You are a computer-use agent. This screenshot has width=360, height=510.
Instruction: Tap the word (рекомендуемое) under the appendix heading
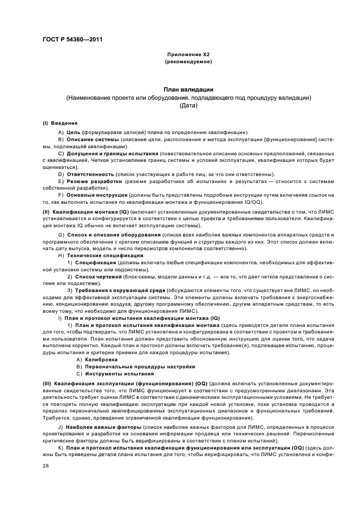(180, 63)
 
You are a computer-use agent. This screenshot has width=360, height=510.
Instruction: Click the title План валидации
(180, 89)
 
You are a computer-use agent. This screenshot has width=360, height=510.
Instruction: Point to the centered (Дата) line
(180, 106)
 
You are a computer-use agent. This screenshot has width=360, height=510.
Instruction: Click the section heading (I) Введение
(60, 123)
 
